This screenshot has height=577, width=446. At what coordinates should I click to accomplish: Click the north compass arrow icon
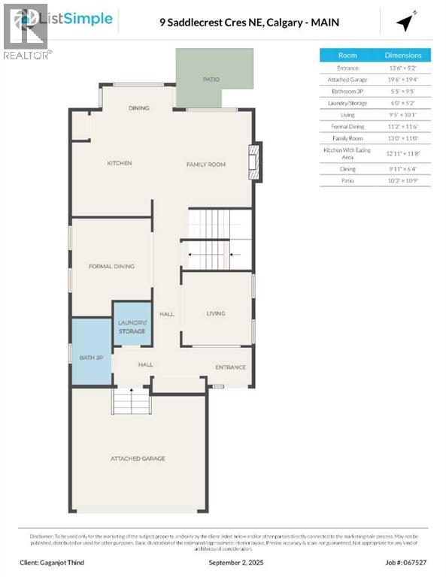[406, 23]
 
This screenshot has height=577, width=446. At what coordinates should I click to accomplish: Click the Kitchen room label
[119, 163]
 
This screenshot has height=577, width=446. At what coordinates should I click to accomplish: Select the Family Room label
[206, 164]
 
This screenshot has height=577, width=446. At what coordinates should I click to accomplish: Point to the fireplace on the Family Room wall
[256, 163]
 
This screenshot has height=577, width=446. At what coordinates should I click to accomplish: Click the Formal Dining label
[111, 266]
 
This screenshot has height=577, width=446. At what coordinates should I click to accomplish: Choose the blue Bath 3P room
[91, 357]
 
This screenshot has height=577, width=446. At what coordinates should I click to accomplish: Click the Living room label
[216, 313]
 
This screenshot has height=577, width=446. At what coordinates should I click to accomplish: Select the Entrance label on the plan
[230, 367]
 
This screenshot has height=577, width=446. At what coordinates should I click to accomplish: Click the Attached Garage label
[138, 458]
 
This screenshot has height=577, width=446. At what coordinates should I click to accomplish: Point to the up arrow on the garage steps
[132, 392]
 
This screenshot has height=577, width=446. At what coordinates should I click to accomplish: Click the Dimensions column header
[403, 55]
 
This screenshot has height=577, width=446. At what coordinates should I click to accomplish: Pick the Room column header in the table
[347, 55]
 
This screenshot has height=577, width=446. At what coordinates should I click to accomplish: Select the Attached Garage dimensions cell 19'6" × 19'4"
[403, 80]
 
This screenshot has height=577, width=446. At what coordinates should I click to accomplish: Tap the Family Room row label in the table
[347, 137]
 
